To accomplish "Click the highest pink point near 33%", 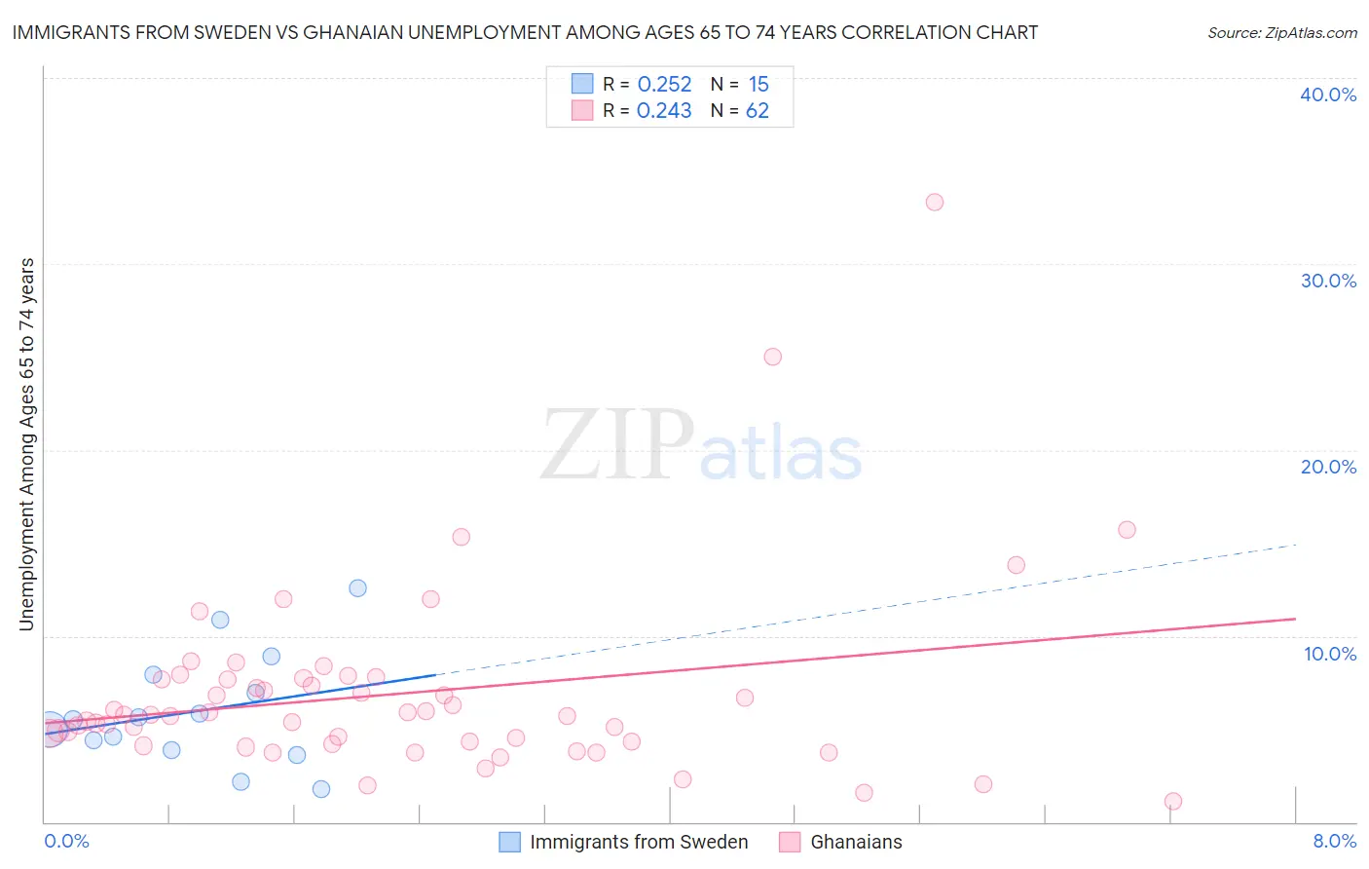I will point(934,203).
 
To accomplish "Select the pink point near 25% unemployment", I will point(772,357).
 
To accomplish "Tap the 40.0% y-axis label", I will point(1328,94).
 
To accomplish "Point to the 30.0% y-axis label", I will point(1328,281).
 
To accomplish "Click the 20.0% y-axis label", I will point(1328,467).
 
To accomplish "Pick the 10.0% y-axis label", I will point(1330,654).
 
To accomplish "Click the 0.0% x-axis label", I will point(66,841).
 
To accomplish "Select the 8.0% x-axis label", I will point(1334,841).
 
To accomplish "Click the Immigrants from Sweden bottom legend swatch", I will point(509,842).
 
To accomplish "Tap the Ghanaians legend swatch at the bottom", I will point(790,842).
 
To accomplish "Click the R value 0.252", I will point(664,85).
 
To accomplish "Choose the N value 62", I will point(757,111).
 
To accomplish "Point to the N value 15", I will point(758,85).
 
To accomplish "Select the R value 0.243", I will point(664,111).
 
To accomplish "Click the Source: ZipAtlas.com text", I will point(1281,33).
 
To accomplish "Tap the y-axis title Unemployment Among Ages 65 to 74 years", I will point(27,444).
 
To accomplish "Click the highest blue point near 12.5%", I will point(357,588).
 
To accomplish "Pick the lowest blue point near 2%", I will point(321,789).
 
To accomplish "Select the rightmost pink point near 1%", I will point(1172,801).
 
